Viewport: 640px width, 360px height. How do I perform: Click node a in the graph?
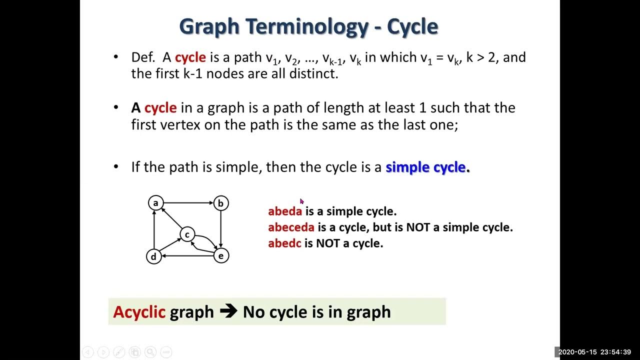(x=155, y=203)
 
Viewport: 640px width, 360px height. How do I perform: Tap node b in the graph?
(x=220, y=203)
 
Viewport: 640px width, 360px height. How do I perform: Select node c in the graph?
(x=187, y=234)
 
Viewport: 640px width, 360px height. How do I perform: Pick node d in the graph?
(x=153, y=256)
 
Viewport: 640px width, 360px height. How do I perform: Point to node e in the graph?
(x=220, y=256)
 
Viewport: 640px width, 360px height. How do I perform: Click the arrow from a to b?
(x=188, y=203)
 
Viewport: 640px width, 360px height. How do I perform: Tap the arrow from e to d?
(x=187, y=256)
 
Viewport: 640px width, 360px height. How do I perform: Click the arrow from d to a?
(x=154, y=230)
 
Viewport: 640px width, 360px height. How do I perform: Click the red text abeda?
(x=285, y=211)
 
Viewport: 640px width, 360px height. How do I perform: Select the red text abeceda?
(x=291, y=227)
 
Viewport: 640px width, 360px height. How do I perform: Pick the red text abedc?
(x=284, y=243)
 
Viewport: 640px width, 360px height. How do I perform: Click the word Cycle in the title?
(x=409, y=26)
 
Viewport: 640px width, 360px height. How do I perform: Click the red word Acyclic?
(x=139, y=312)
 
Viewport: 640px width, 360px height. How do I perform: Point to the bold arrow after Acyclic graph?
(x=228, y=311)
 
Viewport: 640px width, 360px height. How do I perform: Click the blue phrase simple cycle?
(x=425, y=167)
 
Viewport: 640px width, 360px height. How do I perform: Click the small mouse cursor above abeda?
(x=301, y=201)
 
